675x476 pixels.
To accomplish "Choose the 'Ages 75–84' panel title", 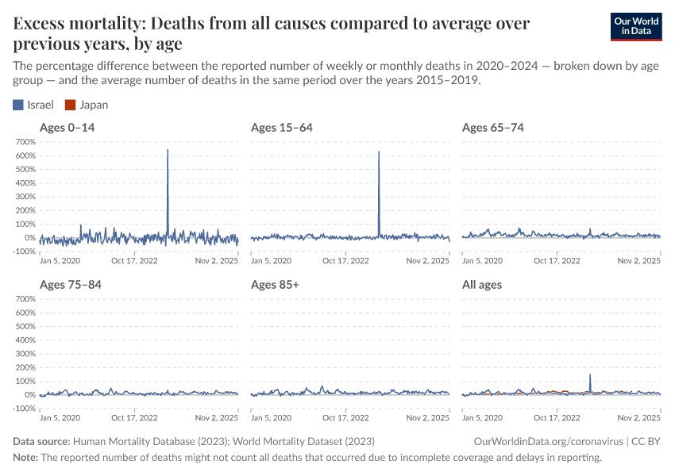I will [70, 284].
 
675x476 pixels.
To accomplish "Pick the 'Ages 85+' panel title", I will [275, 284].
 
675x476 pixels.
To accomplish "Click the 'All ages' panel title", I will [482, 284].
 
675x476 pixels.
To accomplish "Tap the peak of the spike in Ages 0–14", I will [168, 149].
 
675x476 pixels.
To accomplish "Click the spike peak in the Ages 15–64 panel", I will [379, 152].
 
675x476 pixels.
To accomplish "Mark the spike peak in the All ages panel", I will [590, 374].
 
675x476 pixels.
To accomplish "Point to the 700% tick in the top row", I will [25, 142].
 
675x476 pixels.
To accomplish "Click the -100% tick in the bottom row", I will [25, 409].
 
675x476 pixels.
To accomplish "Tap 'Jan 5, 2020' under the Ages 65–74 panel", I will [483, 260].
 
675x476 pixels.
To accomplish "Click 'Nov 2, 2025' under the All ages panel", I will [640, 417].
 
